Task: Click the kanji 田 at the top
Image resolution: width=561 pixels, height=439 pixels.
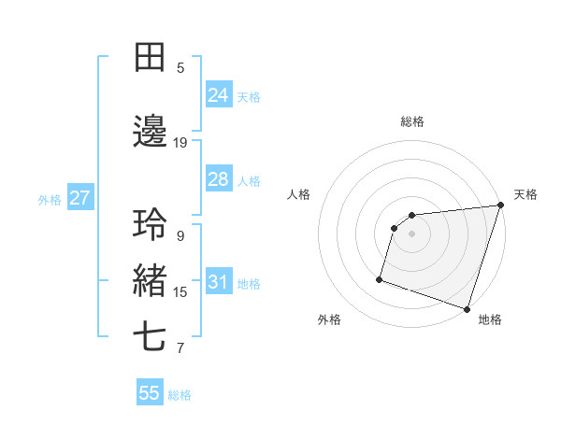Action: pos(150,57)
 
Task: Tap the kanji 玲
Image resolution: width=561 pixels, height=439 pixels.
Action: pos(150,225)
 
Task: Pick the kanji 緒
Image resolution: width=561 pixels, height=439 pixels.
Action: pos(150,281)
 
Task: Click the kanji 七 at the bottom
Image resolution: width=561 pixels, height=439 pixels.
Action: pos(150,337)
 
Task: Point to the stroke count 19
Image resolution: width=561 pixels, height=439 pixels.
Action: pos(180,143)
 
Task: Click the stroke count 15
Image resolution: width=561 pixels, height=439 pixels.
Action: pos(180,292)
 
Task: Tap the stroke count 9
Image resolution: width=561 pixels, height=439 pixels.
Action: pos(180,236)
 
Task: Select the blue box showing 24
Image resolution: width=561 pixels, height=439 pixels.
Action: pos(219,94)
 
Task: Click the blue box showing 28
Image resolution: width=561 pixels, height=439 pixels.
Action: pos(219,179)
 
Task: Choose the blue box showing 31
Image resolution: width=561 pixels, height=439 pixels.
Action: pos(219,282)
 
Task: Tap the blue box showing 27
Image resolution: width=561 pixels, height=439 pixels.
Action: pos(79,198)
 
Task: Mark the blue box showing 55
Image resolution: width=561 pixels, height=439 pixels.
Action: pos(150,393)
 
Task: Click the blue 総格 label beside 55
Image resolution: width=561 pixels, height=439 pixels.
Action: pos(180,395)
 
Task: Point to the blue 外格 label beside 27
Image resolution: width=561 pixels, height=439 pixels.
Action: pos(50,199)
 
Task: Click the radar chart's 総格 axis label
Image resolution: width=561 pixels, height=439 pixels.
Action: pos(412,121)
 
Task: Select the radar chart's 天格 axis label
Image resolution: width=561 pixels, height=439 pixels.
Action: pos(525,194)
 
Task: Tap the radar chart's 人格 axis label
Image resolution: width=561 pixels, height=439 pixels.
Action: pos(299,194)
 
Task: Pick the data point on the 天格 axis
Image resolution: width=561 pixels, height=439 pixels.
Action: pos(500,205)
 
